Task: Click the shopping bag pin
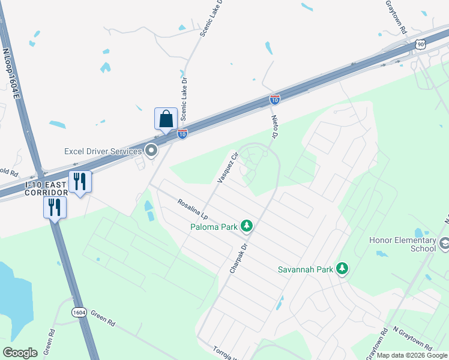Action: click(x=166, y=119)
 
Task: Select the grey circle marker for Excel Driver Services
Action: click(x=152, y=151)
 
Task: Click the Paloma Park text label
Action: click(x=213, y=226)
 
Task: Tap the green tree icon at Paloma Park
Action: click(x=246, y=226)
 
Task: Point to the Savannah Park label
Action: click(x=305, y=269)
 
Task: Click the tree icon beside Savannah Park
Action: click(x=342, y=268)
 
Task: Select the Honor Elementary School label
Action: click(x=402, y=244)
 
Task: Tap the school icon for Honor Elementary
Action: click(x=445, y=244)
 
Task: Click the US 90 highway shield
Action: click(x=420, y=44)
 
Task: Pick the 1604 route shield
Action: click(x=79, y=313)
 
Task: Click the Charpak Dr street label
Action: click(x=238, y=259)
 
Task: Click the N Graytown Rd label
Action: click(x=412, y=338)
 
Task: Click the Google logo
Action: click(x=20, y=353)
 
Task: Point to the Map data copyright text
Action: click(x=411, y=355)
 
